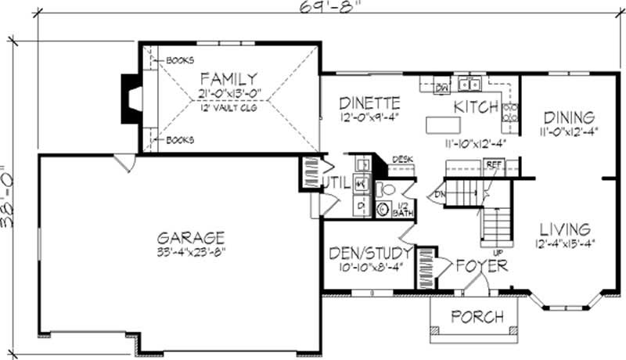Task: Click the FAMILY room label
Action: point(228,78)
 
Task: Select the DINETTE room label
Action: point(370,103)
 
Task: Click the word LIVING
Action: point(563,229)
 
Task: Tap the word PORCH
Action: point(477,316)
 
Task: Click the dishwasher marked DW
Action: point(441,87)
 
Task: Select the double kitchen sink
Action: point(469,85)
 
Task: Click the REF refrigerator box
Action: point(493,165)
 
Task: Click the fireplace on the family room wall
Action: point(131,98)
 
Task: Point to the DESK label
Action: point(401,159)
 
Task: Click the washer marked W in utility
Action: point(362,183)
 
